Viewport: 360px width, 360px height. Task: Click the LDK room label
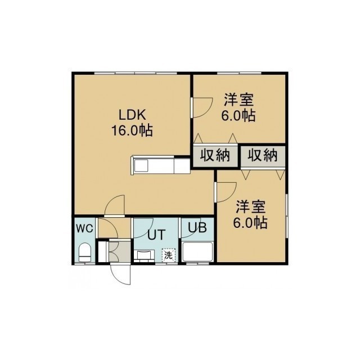(132, 115)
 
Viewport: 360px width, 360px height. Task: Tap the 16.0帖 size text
(132, 130)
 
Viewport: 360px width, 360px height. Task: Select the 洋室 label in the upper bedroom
(238, 100)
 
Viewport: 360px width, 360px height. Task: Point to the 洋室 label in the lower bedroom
(251, 206)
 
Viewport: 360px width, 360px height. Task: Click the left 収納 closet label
(215, 155)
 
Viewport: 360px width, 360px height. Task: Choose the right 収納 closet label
(263, 155)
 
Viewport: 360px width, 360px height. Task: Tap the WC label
(84, 228)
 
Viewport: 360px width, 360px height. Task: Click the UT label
(156, 235)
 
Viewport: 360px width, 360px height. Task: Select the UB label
(197, 227)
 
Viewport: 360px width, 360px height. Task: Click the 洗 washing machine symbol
(169, 255)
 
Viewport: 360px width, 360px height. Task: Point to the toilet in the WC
(85, 253)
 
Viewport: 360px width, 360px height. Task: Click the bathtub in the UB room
(197, 251)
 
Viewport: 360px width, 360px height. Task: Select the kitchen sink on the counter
(141, 165)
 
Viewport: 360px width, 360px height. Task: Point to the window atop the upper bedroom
(239, 73)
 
